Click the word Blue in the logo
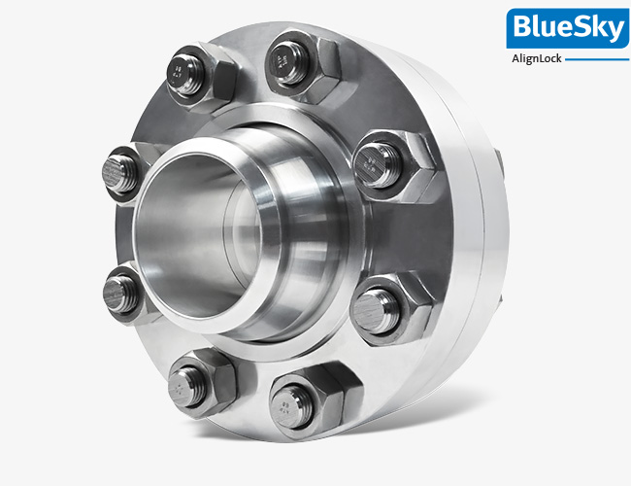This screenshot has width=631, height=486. (x=539, y=28)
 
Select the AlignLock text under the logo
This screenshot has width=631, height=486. (x=536, y=58)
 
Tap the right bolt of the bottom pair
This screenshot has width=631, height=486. (x=294, y=399)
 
